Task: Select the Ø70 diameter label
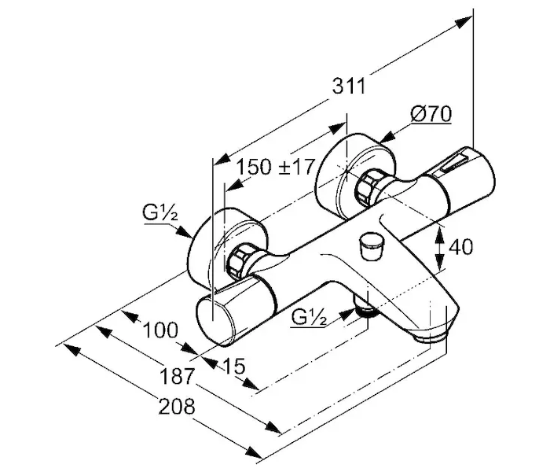point(430,115)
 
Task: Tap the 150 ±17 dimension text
point(276,167)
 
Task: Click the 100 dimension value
point(160,330)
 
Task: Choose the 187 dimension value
point(174,377)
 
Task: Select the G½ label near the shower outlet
point(309,317)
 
